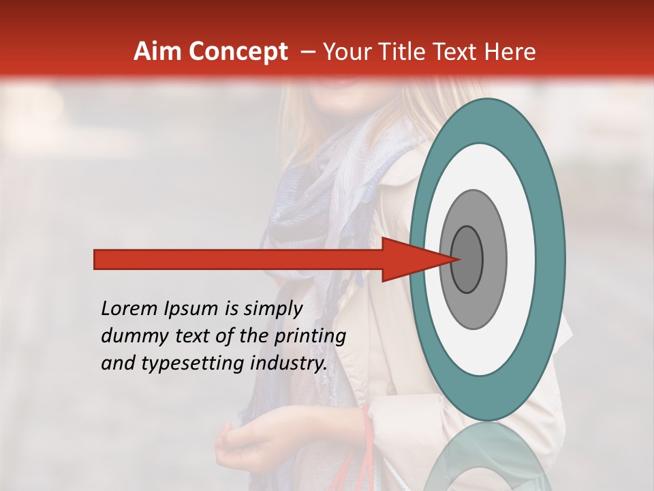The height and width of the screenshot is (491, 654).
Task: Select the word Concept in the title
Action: (238, 52)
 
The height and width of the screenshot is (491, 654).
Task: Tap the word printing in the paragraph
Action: (311, 336)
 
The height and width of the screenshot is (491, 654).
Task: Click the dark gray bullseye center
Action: (467, 259)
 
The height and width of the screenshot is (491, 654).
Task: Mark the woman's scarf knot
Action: (300, 225)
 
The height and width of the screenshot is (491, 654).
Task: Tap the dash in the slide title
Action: (307, 52)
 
